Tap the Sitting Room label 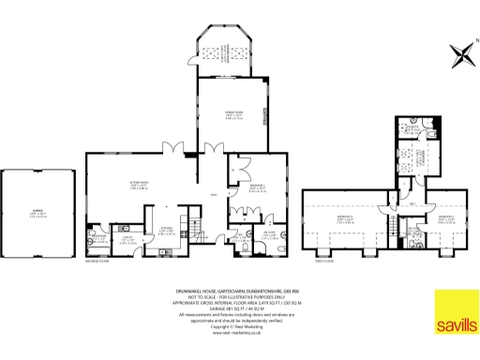point(140,186)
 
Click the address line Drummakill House point(239,292)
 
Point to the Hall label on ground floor point(214,193)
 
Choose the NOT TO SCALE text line point(239,297)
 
